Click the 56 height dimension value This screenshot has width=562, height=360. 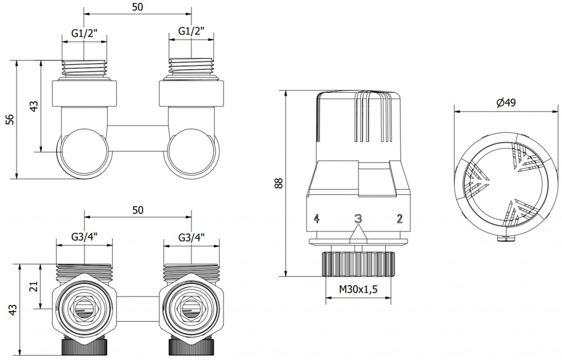pos(9,119)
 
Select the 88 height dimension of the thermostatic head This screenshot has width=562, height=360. pos(279,183)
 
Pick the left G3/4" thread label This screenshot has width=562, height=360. pos(85,238)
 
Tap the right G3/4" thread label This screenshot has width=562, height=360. pos(191,238)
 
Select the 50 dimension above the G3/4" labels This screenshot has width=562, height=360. pos(138,210)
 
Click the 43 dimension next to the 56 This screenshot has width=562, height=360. pos(33,106)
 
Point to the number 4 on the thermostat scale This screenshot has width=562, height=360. pos(316,219)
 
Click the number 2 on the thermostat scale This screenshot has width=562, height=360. pos(400,219)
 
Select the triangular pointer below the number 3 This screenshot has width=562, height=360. pos(358,233)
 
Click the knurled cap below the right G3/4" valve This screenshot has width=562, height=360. pos(191,347)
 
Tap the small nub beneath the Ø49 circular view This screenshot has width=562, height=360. pos(503,238)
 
